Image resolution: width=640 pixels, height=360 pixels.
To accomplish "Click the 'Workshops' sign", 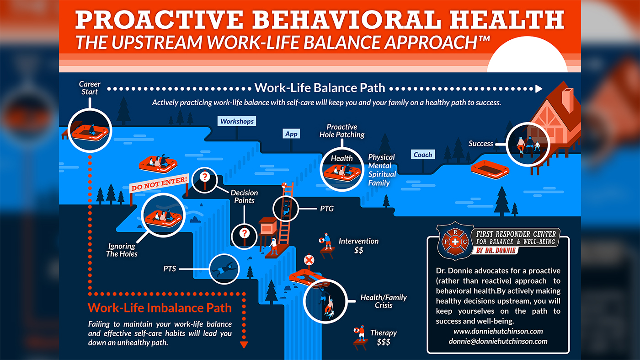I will pos(236,121).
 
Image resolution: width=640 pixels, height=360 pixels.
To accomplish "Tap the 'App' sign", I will pos(291,134).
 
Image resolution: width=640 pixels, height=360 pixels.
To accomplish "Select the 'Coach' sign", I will pos(423,155).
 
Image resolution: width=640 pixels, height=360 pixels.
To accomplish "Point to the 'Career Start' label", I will pos(89,88).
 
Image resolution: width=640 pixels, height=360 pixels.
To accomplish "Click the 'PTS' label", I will pos(170,268).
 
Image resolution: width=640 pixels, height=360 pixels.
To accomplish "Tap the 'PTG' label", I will pos(327,209).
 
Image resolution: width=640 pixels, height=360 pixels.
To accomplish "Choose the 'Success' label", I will pos(480,144).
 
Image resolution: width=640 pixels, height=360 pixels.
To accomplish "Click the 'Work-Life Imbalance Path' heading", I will pos(160,307).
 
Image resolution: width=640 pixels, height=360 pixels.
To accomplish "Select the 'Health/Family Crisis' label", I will pos(384,301).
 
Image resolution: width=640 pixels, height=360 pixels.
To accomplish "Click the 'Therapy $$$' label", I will pos(383,337).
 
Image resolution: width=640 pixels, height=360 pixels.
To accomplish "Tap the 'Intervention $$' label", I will pos(358,245).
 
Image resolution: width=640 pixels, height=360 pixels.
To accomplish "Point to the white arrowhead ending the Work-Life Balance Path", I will pos(539,88).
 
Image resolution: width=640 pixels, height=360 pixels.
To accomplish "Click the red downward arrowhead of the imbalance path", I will pos(244,345).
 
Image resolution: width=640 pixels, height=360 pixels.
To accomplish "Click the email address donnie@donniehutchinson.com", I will pos(498,341).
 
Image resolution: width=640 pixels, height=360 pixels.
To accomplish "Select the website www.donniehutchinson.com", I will pos(498,331).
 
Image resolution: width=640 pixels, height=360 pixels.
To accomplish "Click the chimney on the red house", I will pos(568,100).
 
